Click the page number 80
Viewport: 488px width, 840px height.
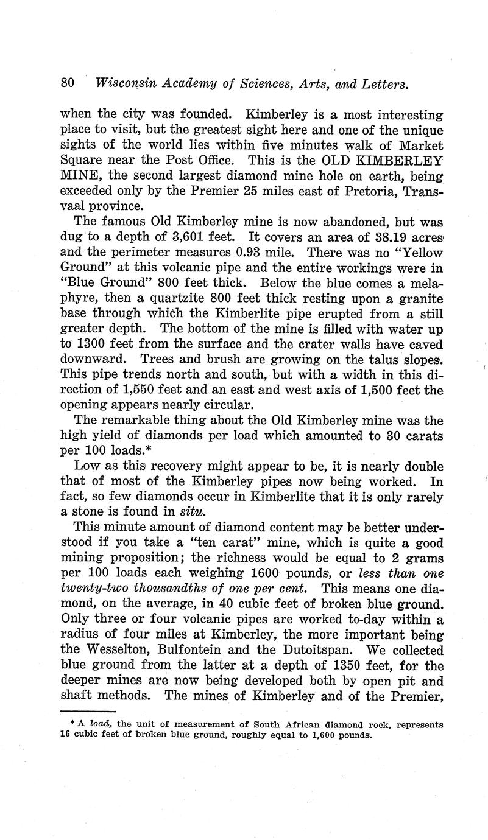click(x=67, y=83)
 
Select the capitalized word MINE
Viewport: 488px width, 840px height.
click(x=78, y=175)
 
